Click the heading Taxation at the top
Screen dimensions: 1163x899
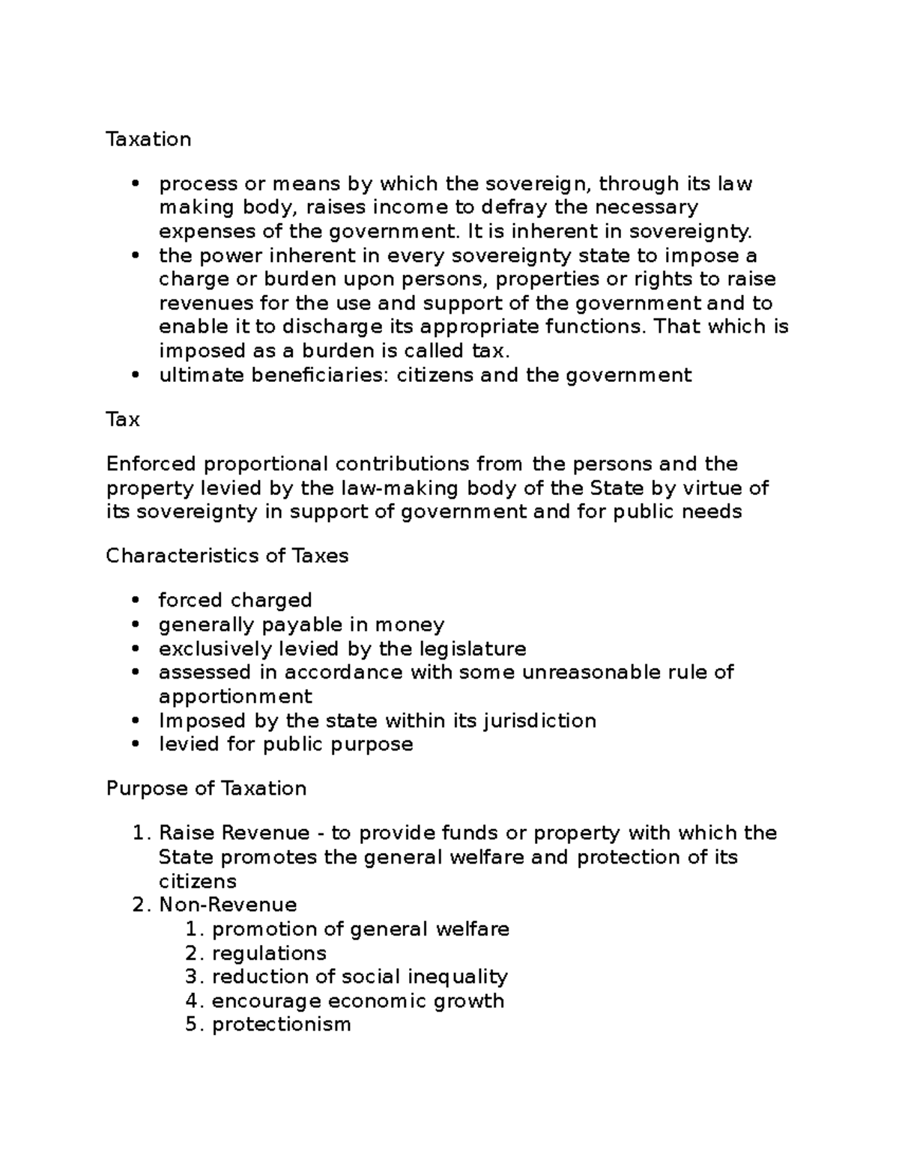point(148,139)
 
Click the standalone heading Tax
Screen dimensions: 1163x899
point(123,419)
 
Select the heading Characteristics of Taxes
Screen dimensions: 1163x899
point(227,556)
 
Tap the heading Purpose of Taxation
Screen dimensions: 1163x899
point(206,789)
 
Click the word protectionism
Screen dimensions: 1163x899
point(281,1024)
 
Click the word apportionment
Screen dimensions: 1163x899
point(235,696)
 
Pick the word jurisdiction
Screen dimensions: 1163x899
point(539,720)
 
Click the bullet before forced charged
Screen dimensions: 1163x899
point(136,601)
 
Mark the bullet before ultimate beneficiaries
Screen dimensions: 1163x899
point(136,375)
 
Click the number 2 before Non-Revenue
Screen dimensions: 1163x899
point(139,905)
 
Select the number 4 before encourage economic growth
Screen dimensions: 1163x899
point(192,1000)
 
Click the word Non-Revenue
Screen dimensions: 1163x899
point(228,905)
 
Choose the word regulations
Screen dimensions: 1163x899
point(269,953)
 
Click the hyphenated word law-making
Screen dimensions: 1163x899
point(400,488)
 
